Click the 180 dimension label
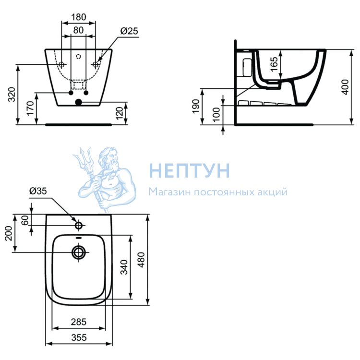pyautogui.click(x=79, y=17)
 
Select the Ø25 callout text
pyautogui.click(x=129, y=31)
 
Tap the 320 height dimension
pyautogui.click(x=12, y=95)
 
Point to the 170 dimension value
pyautogui.click(x=30, y=108)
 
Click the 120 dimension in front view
pyautogui.click(x=120, y=113)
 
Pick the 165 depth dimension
pyautogui.click(x=274, y=64)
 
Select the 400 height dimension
pyautogui.click(x=345, y=87)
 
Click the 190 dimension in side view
pyautogui.click(x=196, y=106)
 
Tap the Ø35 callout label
pyautogui.click(x=38, y=191)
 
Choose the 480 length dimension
pyautogui.click(x=142, y=260)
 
